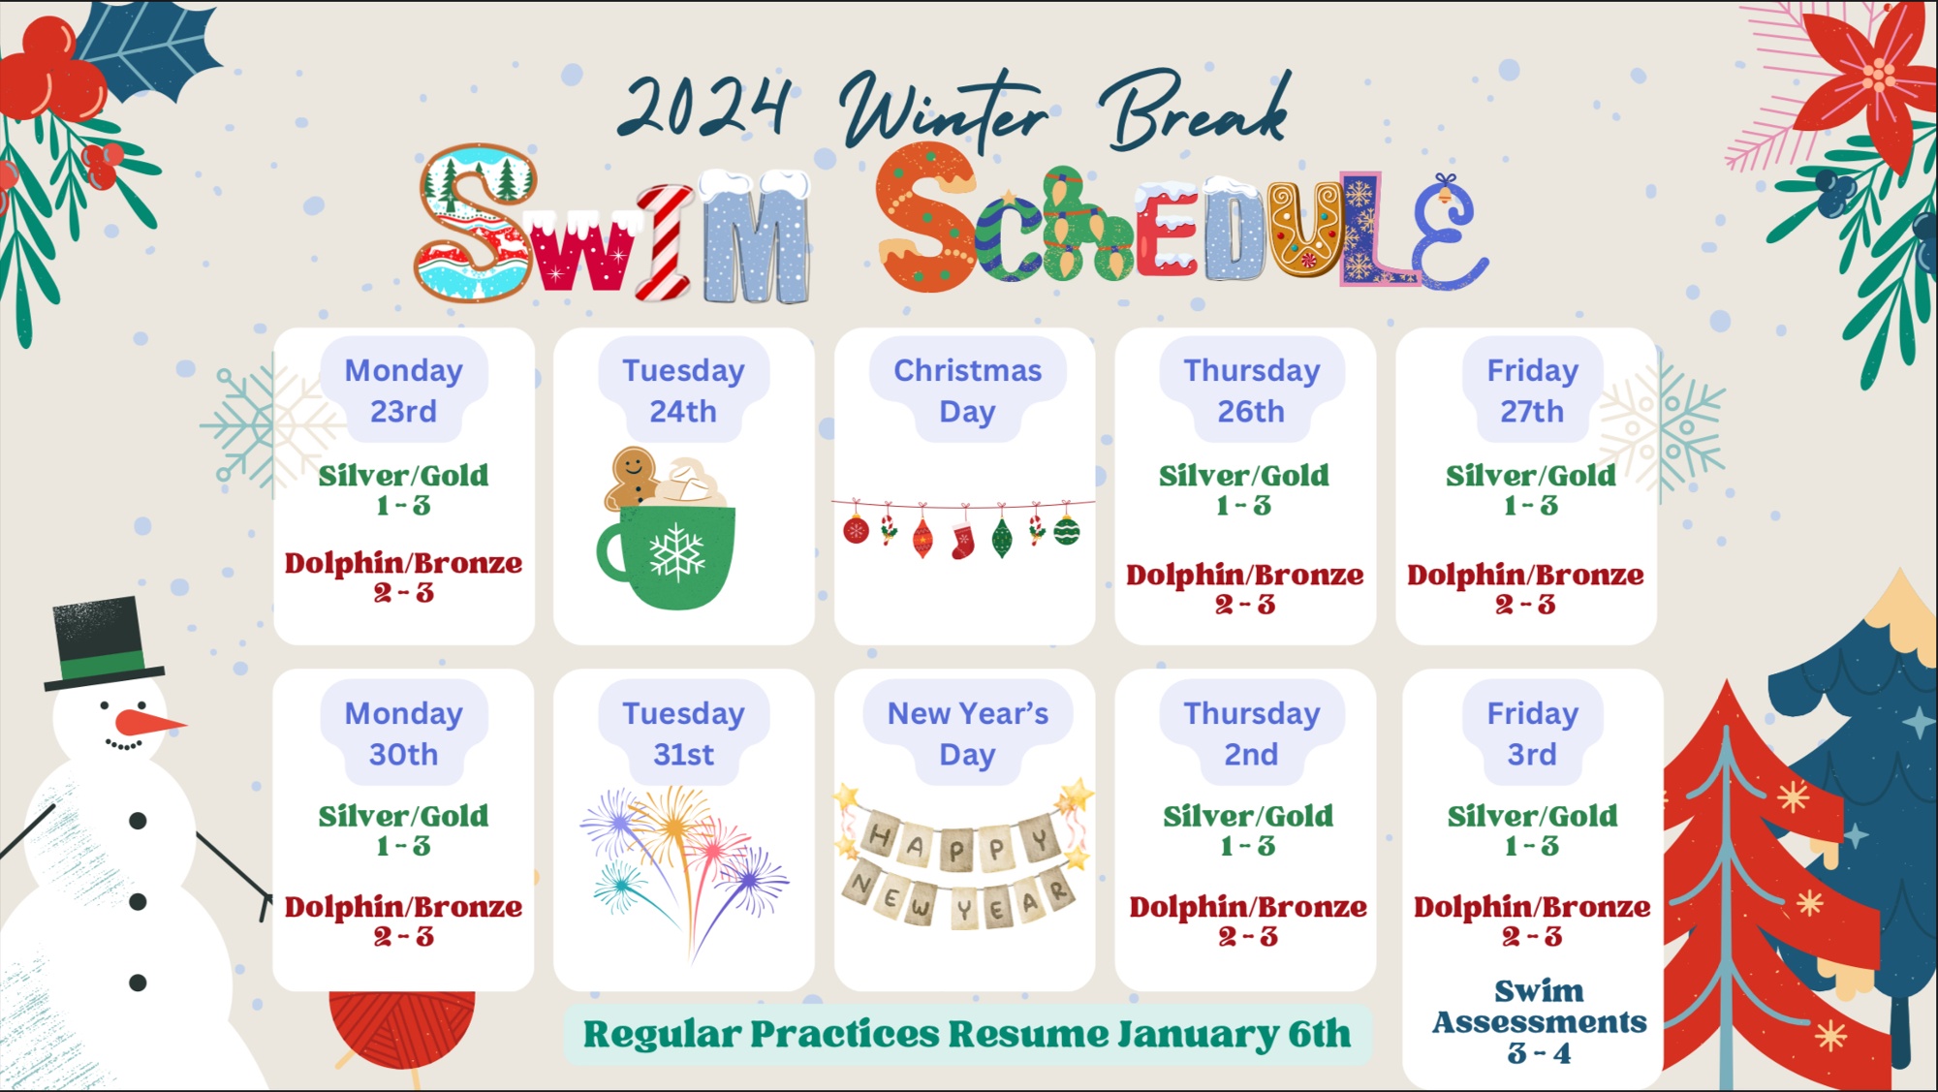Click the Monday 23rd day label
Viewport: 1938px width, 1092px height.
click(404, 390)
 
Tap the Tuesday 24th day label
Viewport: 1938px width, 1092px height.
click(683, 390)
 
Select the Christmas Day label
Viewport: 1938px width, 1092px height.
click(967, 390)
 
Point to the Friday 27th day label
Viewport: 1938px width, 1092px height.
click(1532, 390)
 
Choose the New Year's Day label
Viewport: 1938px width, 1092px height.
click(967, 733)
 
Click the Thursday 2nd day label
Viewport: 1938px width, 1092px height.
click(1251, 733)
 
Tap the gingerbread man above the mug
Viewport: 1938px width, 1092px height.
click(631, 478)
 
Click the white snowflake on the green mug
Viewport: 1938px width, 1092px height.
click(676, 552)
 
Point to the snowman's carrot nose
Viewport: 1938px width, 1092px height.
click(148, 723)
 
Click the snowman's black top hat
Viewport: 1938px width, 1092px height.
click(102, 643)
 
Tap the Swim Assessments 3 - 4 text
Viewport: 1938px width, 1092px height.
click(1539, 1021)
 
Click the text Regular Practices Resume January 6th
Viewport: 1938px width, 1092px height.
click(966, 1034)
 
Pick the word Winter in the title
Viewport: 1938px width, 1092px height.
click(945, 111)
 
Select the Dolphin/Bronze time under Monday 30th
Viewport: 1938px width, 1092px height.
click(404, 936)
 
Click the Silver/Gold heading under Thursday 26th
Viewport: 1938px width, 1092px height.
click(1244, 475)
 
